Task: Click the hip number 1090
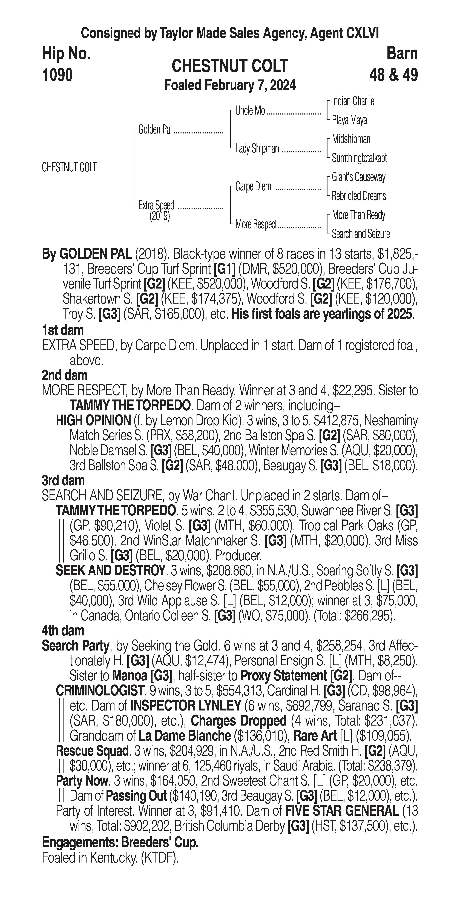(x=57, y=75)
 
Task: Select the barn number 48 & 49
(x=393, y=75)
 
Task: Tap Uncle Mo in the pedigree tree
(x=250, y=111)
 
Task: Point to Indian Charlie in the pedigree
(x=353, y=101)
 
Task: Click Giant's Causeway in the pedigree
(x=358, y=177)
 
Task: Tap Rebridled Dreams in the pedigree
(x=359, y=196)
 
